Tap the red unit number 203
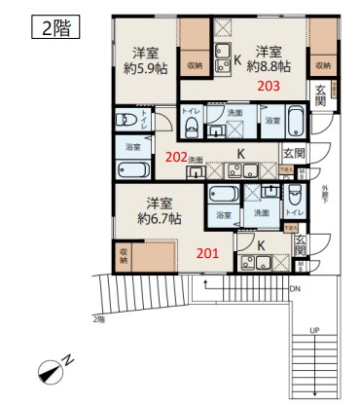click(270, 86)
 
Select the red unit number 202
click(175, 155)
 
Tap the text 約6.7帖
click(160, 219)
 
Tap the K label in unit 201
click(261, 245)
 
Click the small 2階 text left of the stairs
click(98, 319)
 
